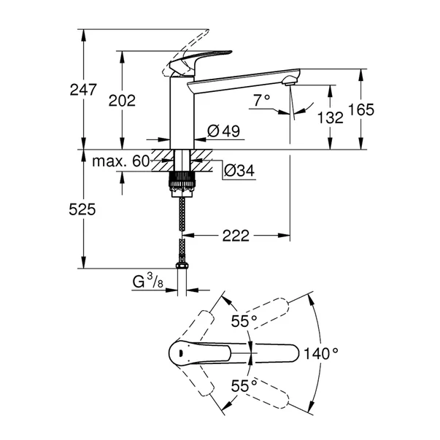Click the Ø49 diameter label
point(223,131)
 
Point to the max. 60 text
point(121,161)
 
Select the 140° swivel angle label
point(322,353)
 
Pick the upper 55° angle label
point(244,321)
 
